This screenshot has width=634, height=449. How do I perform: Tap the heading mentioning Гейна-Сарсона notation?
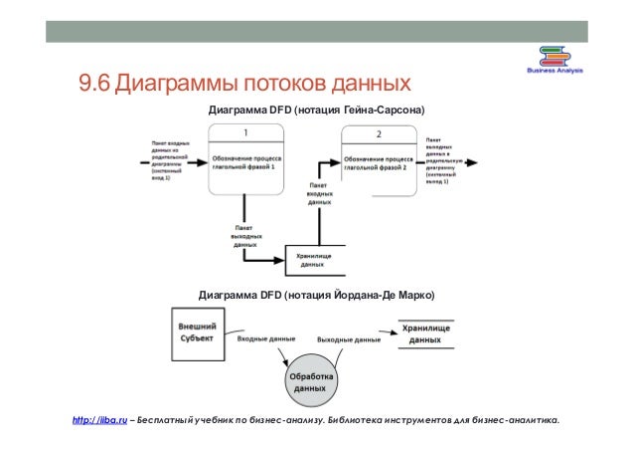(314, 108)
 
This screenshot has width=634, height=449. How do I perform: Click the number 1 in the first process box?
(245, 132)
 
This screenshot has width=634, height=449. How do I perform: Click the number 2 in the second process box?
(379, 133)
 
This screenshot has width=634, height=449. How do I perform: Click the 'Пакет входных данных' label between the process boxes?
(319, 193)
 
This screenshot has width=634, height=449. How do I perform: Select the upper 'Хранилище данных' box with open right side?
(313, 260)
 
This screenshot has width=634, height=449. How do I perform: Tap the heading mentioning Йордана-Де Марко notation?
(316, 296)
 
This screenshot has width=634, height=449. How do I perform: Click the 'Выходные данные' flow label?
(349, 339)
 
